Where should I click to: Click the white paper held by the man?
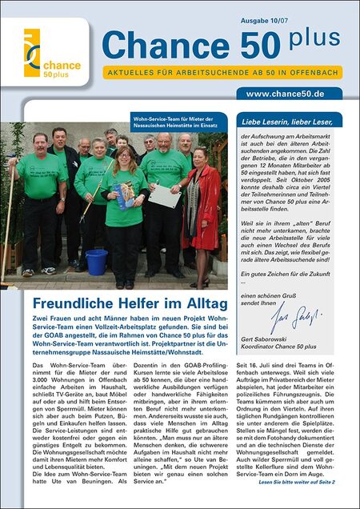tap(182, 194)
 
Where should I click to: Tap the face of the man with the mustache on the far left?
tap(38, 144)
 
